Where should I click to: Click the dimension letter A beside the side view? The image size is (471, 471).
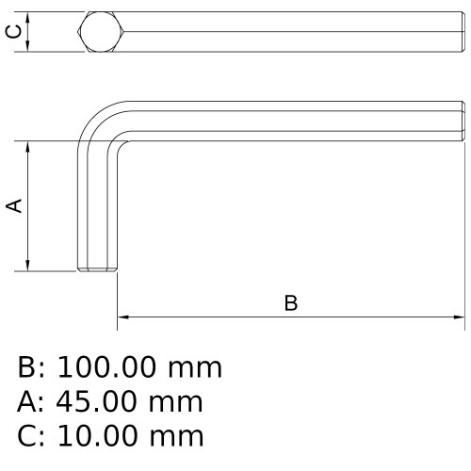[15, 206]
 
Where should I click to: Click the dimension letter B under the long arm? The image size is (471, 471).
[291, 302]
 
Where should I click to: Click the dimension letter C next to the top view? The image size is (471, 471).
[12, 32]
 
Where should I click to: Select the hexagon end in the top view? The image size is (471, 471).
[99, 32]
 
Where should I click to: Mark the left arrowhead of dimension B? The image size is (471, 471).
[122, 317]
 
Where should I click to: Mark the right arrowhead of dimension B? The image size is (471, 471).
[461, 317]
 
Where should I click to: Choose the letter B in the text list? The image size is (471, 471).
[27, 366]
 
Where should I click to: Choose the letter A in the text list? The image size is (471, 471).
[27, 402]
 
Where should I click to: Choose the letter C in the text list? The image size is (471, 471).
[27, 436]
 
